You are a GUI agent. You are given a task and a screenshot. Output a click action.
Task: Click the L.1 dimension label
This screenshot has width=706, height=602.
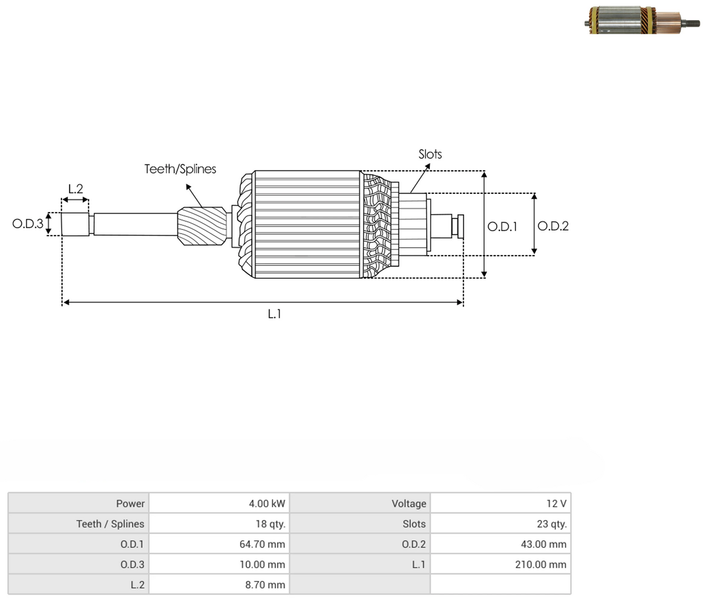coord(274,314)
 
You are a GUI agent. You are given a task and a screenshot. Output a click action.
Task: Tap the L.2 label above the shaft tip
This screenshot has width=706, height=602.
coord(75,189)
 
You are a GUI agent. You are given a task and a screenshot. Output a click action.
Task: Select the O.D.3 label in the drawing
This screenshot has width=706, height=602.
coord(28,224)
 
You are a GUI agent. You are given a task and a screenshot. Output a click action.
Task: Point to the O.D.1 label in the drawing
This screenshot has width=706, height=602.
coord(502,227)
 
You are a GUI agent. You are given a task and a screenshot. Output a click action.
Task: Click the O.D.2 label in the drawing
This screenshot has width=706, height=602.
coord(553,226)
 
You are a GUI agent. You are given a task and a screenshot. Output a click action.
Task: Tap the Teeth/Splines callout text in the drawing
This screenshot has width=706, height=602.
coord(180,169)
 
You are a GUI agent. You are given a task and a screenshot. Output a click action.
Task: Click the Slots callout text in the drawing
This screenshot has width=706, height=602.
coord(430,154)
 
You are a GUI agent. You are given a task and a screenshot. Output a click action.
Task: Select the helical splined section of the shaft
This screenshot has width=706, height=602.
coord(202,226)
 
